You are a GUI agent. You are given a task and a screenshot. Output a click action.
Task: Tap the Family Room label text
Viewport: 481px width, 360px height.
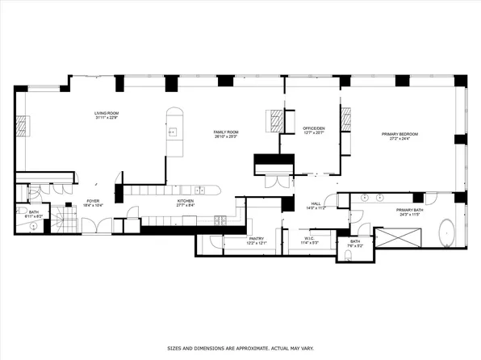coord(225,131)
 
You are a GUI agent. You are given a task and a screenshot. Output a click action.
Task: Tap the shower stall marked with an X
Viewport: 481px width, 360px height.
coord(400,238)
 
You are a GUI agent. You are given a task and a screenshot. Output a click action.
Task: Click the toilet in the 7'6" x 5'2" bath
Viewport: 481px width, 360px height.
coord(345,257)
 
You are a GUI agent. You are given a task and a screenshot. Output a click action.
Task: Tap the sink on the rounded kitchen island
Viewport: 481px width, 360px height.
coord(172,131)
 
